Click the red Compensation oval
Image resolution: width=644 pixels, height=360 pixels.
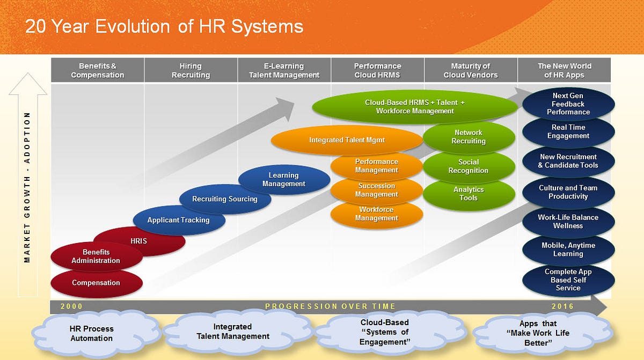[x=97, y=283]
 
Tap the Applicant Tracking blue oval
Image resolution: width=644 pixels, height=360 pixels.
[x=179, y=221]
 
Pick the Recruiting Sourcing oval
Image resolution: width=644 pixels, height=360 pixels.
[x=225, y=199]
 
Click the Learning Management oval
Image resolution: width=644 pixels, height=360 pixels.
[x=284, y=180]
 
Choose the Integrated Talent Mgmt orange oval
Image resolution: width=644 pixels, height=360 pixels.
[x=347, y=140]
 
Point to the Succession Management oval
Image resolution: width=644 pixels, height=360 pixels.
[x=377, y=190]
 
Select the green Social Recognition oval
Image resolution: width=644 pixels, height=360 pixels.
[x=469, y=167]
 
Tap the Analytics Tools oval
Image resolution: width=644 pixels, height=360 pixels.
[x=469, y=194]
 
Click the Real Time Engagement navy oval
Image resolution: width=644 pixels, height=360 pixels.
[x=568, y=132]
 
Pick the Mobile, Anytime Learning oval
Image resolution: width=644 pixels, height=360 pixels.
[x=568, y=249]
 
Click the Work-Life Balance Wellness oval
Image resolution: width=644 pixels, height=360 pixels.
[x=568, y=222]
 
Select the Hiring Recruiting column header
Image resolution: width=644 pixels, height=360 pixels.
[x=191, y=70]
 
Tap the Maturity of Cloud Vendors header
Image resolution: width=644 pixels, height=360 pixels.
[x=471, y=70]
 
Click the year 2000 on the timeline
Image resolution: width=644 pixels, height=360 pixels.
[x=71, y=306]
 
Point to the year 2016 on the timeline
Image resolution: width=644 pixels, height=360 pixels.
[x=562, y=306]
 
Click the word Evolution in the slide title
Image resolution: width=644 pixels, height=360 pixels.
[x=133, y=26]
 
